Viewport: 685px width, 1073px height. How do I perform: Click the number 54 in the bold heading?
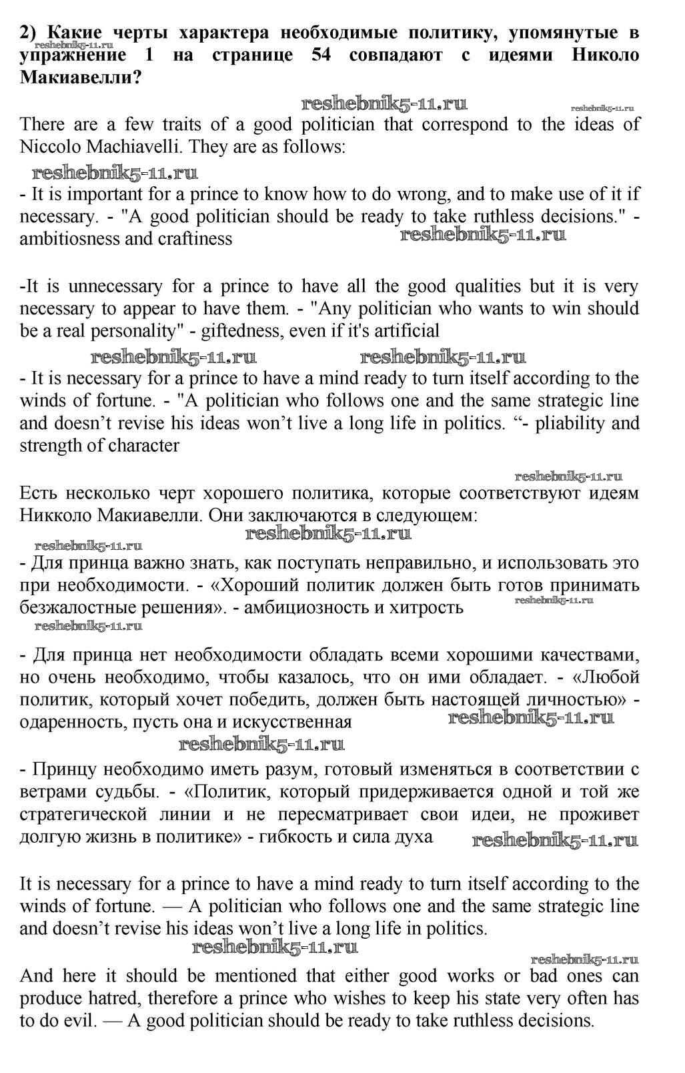pos(321,55)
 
